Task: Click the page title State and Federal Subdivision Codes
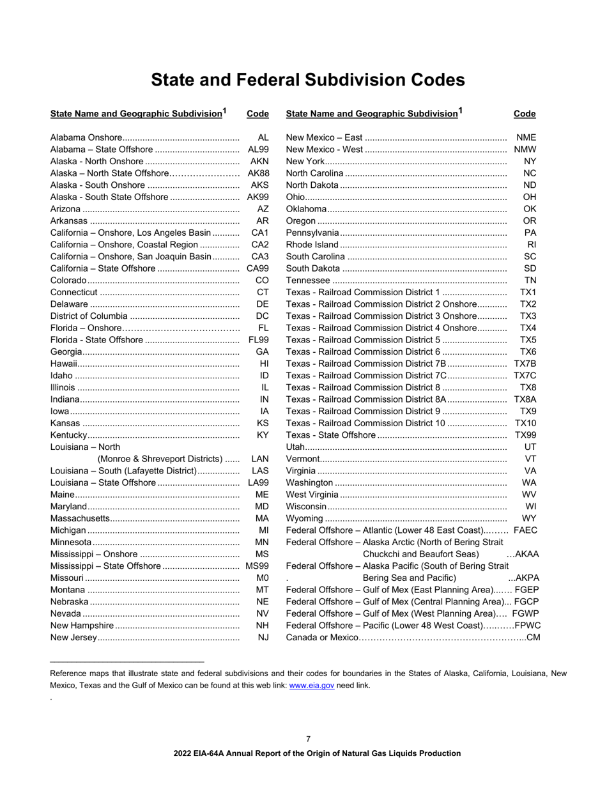pyautogui.click(x=307, y=80)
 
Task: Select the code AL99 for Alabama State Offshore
pyautogui.click(x=258, y=150)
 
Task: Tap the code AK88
pyautogui.click(x=258, y=173)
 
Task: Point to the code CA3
pyautogui.click(x=260, y=256)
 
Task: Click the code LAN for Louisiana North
pyautogui.click(x=260, y=459)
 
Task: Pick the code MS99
pyautogui.click(x=257, y=566)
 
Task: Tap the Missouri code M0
pyautogui.click(x=262, y=578)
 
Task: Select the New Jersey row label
pyautogui.click(x=73, y=637)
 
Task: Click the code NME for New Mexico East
pyautogui.click(x=526, y=137)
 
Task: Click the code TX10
pyautogui.click(x=526, y=423)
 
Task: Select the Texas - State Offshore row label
pyautogui.click(x=331, y=435)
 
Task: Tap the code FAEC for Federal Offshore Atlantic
pyautogui.click(x=525, y=530)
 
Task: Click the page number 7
pyautogui.click(x=308, y=739)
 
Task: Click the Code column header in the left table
pyautogui.click(x=257, y=114)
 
